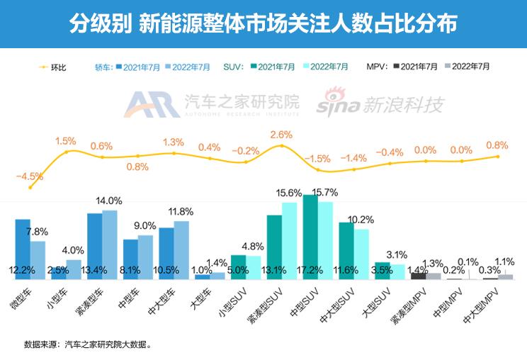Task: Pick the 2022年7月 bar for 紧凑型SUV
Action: pyautogui.click(x=289, y=240)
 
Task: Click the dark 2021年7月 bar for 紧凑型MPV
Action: pyautogui.click(x=419, y=276)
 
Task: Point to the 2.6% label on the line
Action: pyautogui.click(x=281, y=134)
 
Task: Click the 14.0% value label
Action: pyautogui.click(x=110, y=201)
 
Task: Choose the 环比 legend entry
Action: pyautogui.click(x=53, y=67)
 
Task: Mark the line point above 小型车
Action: pyautogui.click(x=67, y=152)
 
